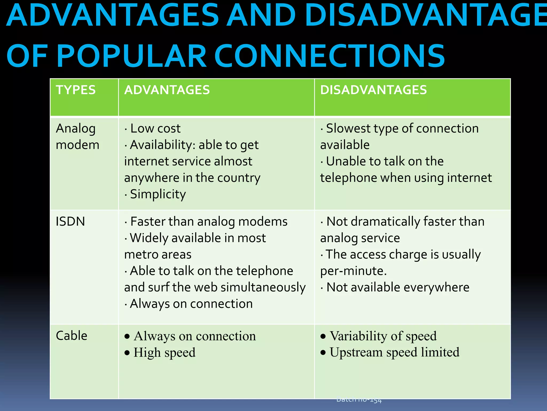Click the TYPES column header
click(x=76, y=90)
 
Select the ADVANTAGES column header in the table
click(x=167, y=90)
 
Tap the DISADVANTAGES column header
click(x=373, y=90)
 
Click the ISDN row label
click(x=70, y=222)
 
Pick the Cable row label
click(x=72, y=336)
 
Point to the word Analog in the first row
click(x=76, y=129)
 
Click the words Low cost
click(x=155, y=129)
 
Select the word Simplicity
click(x=158, y=194)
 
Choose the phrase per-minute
click(x=353, y=271)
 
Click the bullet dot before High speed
click(x=127, y=353)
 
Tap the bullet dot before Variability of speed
click(x=323, y=336)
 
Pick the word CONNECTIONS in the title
click(x=329, y=56)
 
